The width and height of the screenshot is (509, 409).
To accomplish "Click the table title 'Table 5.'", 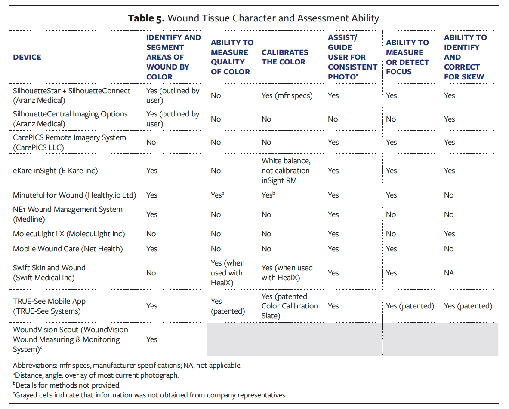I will pyautogui.click(x=146, y=18).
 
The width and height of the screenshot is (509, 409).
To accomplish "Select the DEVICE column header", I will pyautogui.click(x=27, y=57).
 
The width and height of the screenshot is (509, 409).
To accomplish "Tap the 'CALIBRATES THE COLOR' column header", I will pyautogui.click(x=285, y=57).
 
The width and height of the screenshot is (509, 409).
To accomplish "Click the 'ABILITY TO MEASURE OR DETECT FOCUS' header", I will pyautogui.click(x=407, y=57).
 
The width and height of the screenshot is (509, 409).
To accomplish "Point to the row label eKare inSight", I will pyautogui.click(x=55, y=171).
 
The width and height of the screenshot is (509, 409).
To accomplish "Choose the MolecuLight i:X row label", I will pyautogui.click(x=69, y=234).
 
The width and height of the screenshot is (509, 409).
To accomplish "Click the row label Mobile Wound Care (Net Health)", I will pyautogui.click(x=68, y=249).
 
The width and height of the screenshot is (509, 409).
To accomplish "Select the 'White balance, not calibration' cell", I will pyautogui.click(x=286, y=171).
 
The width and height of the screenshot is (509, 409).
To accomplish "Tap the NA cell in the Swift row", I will pyautogui.click(x=450, y=273).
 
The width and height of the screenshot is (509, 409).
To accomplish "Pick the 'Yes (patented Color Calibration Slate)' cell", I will pyautogui.click(x=290, y=306).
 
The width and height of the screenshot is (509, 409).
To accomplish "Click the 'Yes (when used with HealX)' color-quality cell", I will pyautogui.click(x=228, y=273).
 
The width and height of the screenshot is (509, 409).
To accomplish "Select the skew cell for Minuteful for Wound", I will pyautogui.click(x=449, y=195).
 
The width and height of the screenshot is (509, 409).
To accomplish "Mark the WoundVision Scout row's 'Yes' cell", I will pyautogui.click(x=152, y=339).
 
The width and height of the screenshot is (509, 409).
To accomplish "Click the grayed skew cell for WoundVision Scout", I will pyautogui.click(x=469, y=339).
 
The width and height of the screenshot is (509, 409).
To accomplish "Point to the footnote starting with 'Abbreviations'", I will pyautogui.click(x=127, y=366).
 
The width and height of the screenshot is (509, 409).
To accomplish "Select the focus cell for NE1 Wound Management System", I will pyautogui.click(x=391, y=214).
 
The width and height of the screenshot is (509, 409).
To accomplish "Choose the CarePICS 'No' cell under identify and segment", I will pyautogui.click(x=151, y=142).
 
